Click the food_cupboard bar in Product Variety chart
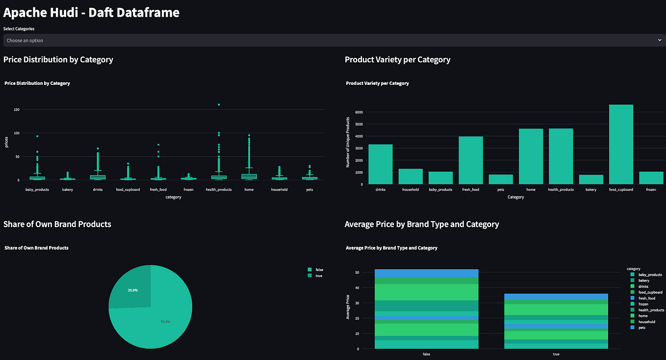620,145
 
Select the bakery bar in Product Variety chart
590,180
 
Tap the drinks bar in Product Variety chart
380,164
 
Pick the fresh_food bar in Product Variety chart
471,160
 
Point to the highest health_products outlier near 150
219,104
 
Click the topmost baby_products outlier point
37,136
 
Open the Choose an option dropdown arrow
659,41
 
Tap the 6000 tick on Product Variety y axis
359,112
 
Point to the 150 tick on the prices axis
16,109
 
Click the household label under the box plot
279,190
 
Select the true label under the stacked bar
556,354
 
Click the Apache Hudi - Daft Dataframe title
91,13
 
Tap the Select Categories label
19,29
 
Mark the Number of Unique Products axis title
348,142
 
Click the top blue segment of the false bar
426,273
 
